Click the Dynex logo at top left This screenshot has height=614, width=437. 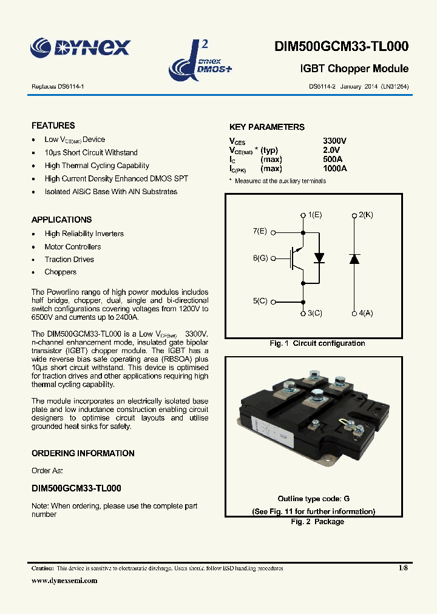81,47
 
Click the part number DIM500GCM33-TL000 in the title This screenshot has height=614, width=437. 342,47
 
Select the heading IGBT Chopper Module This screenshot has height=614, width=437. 354,69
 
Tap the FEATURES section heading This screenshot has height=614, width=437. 53,126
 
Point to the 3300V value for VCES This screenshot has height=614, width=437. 335,141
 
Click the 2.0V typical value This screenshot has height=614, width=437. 332,150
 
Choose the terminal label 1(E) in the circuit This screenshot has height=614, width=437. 314,215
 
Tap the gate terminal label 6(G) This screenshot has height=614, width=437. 260,258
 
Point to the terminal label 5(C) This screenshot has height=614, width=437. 260,302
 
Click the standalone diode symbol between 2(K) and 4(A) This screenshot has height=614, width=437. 354,258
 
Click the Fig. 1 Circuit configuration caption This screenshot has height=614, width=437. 317,343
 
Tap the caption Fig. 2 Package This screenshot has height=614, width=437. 317,522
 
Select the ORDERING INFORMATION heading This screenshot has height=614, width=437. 83,453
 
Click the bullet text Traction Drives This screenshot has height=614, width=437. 69,260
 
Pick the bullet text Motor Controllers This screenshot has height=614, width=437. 73,247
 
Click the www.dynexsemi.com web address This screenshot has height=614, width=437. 64,581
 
